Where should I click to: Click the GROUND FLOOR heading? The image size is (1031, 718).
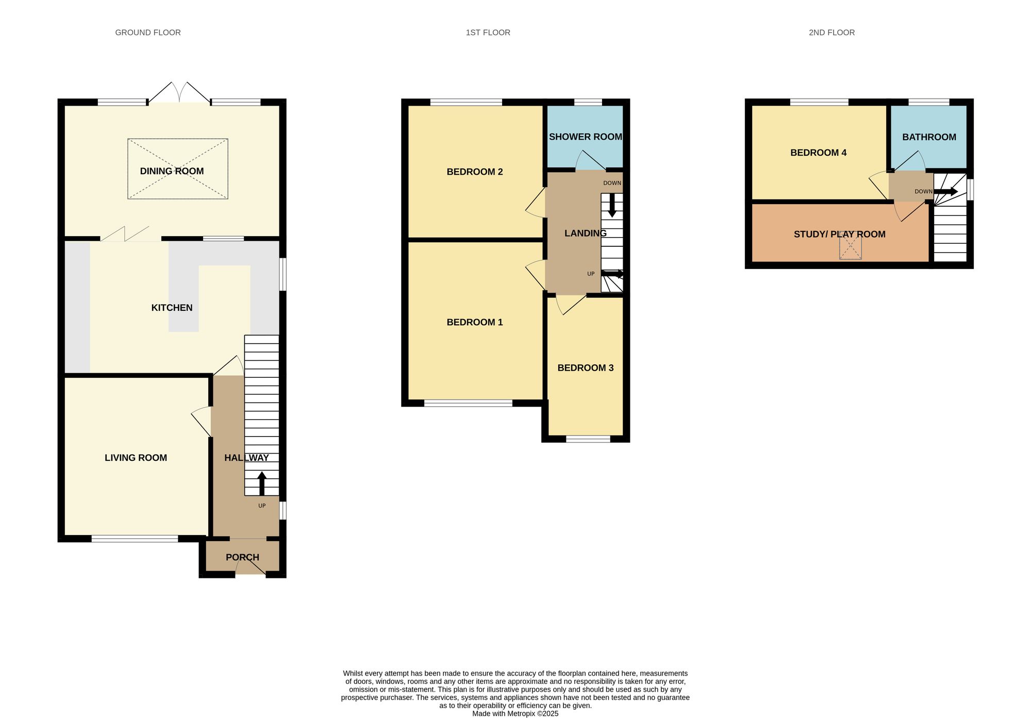point(148,32)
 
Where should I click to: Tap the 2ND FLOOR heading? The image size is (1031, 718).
point(832,32)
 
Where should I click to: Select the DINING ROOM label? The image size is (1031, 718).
point(172,171)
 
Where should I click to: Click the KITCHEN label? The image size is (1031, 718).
point(172,308)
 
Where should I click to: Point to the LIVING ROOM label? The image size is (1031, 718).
point(136,458)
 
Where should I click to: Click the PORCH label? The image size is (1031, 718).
point(242,557)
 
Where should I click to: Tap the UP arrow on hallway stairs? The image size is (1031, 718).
point(262,483)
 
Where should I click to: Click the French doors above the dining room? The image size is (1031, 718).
point(179,94)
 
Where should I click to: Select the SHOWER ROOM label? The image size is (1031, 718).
point(585,137)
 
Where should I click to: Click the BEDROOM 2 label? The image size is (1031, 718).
point(474,172)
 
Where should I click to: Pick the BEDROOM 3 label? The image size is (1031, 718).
point(585,368)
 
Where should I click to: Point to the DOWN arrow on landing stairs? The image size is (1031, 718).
point(612,205)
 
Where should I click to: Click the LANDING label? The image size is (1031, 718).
point(585,233)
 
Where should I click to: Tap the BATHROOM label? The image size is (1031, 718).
point(929,137)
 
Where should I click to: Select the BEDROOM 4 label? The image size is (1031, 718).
point(818,153)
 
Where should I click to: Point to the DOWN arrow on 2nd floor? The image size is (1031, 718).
point(946,192)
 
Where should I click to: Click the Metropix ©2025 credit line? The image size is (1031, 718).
point(515,714)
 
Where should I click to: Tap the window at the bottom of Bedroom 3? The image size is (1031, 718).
point(588,439)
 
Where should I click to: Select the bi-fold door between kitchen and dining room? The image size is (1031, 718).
point(125,234)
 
